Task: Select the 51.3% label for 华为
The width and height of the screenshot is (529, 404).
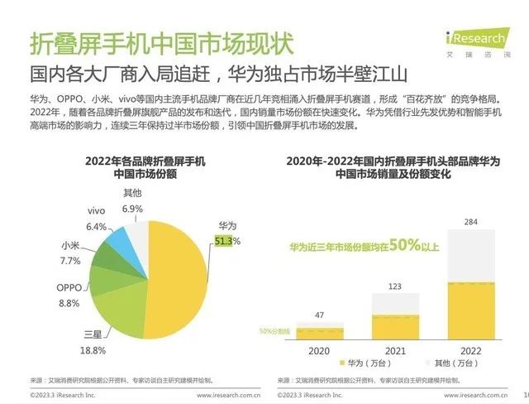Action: click(226, 241)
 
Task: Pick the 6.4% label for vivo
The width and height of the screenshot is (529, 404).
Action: click(97, 227)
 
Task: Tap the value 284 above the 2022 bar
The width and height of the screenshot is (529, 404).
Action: click(471, 222)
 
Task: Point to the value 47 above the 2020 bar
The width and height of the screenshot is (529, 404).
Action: click(318, 315)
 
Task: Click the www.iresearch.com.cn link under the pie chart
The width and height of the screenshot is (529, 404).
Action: click(215, 395)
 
